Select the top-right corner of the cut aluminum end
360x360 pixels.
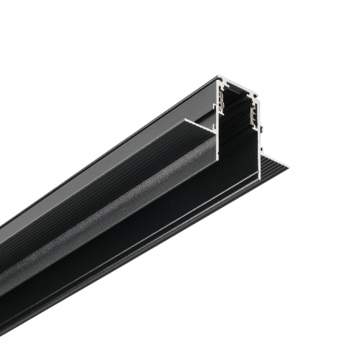pyautogui.click(x=256, y=91)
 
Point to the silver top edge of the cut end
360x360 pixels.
pyautogui.click(x=235, y=84)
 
